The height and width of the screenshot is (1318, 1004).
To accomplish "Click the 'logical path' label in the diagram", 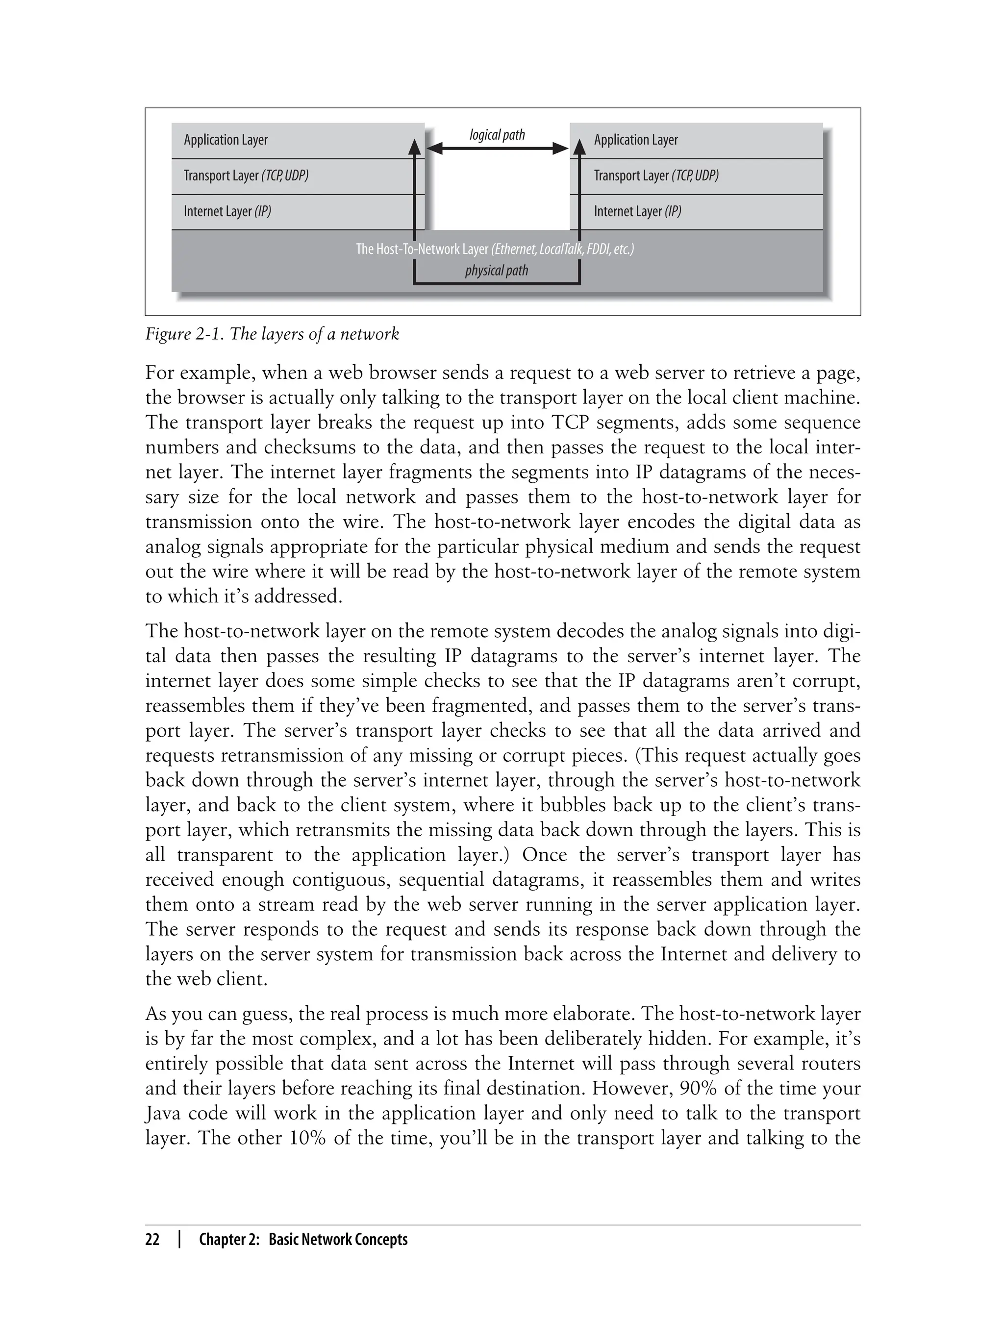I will pyautogui.click(x=497, y=135).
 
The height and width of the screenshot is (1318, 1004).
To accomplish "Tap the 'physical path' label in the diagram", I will pyautogui.click(x=497, y=271).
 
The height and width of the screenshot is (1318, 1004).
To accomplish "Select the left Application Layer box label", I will pyautogui.click(x=226, y=140).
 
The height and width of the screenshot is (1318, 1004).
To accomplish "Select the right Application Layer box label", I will pyautogui.click(x=635, y=140).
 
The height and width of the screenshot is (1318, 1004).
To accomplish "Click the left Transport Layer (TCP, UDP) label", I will pyautogui.click(x=246, y=175).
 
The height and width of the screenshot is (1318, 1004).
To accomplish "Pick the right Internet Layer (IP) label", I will pyautogui.click(x=637, y=212).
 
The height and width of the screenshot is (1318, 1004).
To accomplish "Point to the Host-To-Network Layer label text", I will pyautogui.click(x=494, y=249).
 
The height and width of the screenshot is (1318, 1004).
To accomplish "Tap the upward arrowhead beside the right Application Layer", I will pyautogui.click(x=579, y=147).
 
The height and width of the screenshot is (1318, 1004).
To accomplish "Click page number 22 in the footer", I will pyautogui.click(x=152, y=1239).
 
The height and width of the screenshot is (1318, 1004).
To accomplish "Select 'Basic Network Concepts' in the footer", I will pyautogui.click(x=338, y=1239).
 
